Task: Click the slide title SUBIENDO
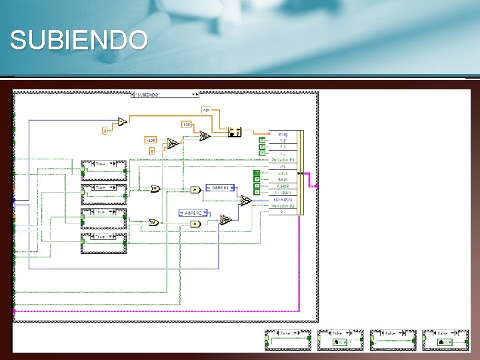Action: pos(79,41)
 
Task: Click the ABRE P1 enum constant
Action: pos(221,188)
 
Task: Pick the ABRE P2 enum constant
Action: pos(194,213)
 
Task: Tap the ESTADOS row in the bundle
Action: pos(282,199)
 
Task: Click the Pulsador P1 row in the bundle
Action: pos(282,160)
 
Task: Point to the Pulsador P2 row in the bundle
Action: pos(282,206)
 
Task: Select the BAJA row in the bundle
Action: pos(282,179)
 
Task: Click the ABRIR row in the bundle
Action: pos(282,186)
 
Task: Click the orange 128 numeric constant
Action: pos(187,124)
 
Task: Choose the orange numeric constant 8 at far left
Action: pos(105,130)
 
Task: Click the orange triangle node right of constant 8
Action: pos(121,121)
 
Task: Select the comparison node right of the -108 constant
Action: pos(172,143)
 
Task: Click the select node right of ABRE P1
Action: pos(245,199)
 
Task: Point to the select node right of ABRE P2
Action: pos(225,219)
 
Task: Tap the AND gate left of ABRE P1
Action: pos(195,189)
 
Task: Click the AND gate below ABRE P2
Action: pos(195,224)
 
